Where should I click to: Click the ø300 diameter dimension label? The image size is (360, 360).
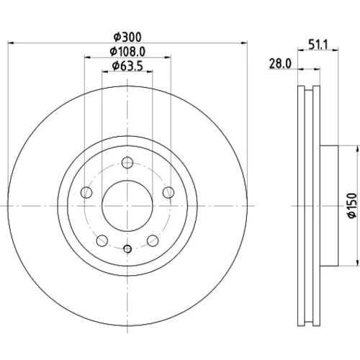click(x=127, y=37)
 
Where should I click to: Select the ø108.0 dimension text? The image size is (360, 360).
click(x=127, y=52)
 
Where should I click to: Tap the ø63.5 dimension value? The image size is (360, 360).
click(x=127, y=66)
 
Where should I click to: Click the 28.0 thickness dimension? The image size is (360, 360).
click(x=280, y=64)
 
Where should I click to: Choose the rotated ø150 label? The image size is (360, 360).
click(x=352, y=205)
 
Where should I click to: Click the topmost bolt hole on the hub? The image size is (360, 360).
click(x=127, y=163)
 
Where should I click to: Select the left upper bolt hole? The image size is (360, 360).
click(x=86, y=192)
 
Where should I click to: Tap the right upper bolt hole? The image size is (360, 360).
click(x=168, y=192)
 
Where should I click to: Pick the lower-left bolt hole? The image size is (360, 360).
click(x=102, y=240)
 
